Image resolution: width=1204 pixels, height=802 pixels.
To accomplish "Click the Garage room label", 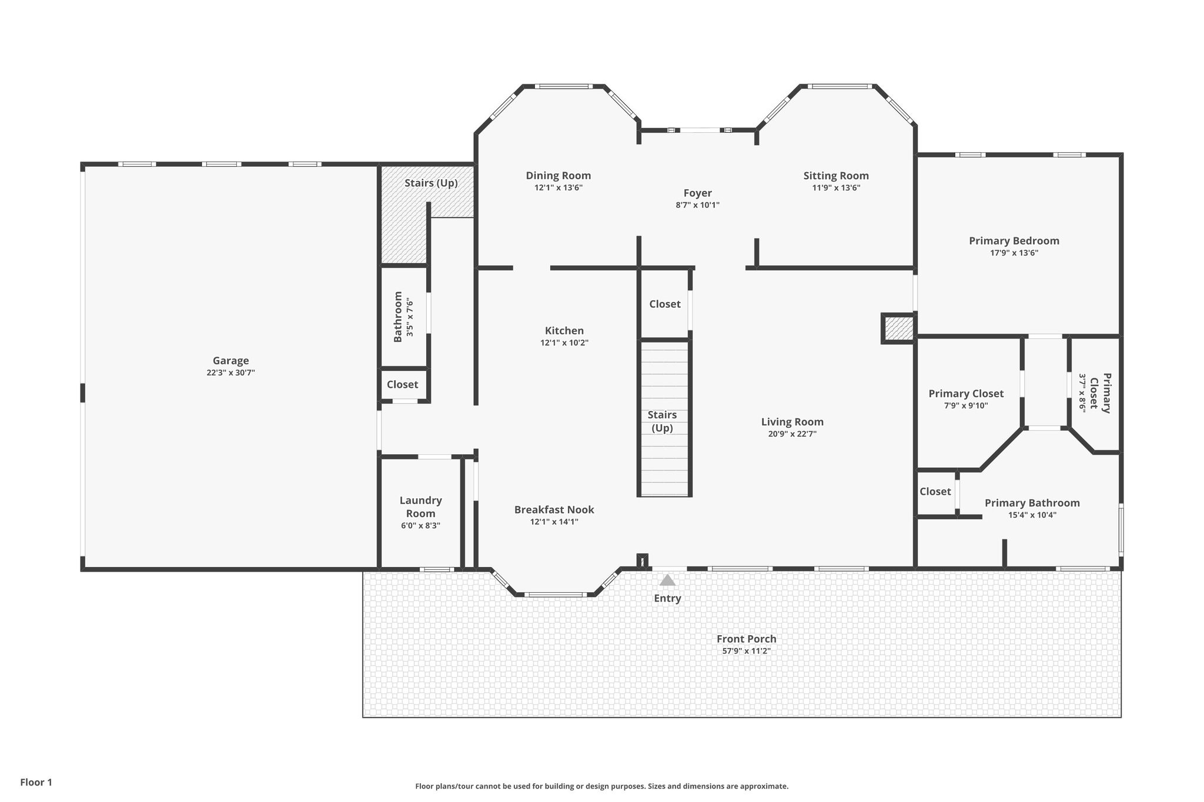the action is [230, 361].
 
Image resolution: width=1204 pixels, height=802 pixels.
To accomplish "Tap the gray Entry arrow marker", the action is [667, 580].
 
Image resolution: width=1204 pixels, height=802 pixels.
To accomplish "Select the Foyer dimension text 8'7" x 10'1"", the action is [697, 205].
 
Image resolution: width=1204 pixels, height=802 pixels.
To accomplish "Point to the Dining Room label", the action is [558, 176].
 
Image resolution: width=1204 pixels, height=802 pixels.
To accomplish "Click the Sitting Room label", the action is [836, 176].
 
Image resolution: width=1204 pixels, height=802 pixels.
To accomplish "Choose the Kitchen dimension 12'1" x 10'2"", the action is [564, 343].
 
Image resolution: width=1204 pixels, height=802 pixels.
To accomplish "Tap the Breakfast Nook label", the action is [554, 510].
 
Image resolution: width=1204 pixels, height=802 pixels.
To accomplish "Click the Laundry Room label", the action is [421, 506].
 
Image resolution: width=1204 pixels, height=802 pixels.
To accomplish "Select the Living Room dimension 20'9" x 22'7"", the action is [792, 434].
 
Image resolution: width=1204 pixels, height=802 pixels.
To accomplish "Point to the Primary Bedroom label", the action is [1014, 241].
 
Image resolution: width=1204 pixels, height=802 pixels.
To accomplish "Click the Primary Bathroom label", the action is [1032, 503].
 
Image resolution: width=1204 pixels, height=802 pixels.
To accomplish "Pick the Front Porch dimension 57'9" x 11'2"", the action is [746, 651].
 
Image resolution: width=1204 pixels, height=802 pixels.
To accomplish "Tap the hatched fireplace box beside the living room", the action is [898, 328].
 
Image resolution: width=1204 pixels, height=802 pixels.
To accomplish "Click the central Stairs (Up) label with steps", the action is [662, 421].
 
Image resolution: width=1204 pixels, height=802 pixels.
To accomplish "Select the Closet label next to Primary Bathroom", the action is [935, 492].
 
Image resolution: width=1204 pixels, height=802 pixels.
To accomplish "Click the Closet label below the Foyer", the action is [665, 304].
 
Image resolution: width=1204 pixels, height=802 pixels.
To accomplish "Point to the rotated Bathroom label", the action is [398, 317].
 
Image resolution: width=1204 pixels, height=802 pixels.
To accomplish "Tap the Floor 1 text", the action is [36, 782].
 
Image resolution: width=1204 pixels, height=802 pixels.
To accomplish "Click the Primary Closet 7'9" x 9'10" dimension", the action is [966, 405].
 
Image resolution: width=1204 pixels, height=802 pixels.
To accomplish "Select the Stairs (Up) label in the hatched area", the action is [431, 183].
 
